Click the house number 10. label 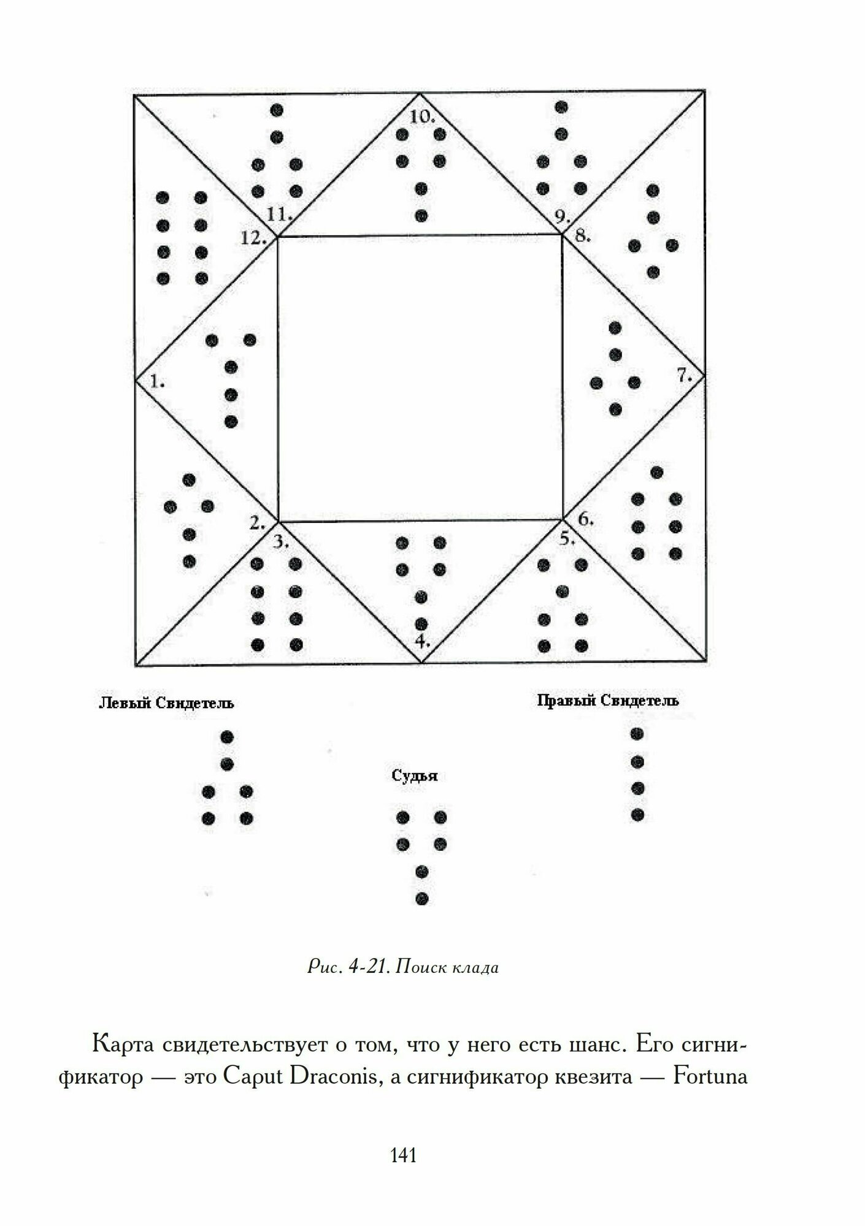click(x=423, y=116)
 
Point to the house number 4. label click(x=422, y=642)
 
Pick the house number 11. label click(x=279, y=215)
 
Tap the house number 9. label click(x=561, y=216)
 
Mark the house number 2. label click(x=257, y=523)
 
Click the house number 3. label click(x=281, y=542)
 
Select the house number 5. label click(x=567, y=539)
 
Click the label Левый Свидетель click(x=166, y=703)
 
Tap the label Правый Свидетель click(x=607, y=701)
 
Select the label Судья click(x=415, y=776)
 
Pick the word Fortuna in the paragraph click(x=710, y=1077)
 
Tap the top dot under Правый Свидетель click(x=637, y=734)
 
